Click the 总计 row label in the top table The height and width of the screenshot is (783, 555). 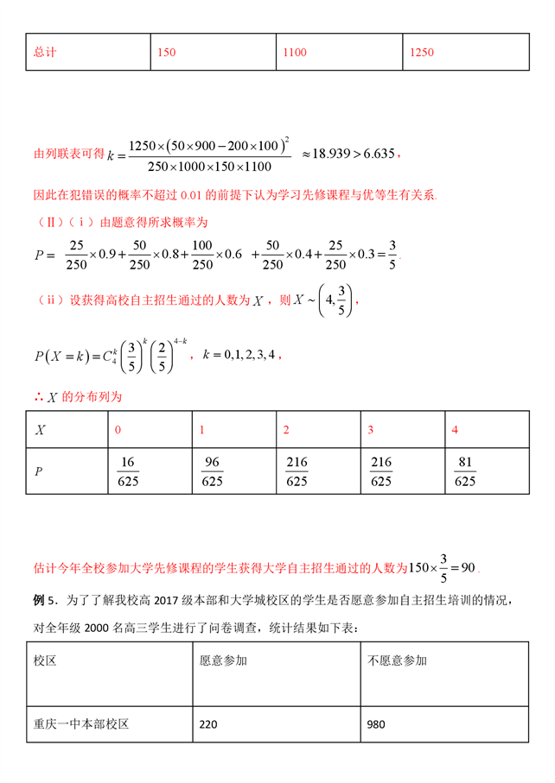click(x=45, y=53)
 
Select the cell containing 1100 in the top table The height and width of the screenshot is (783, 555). click(x=295, y=53)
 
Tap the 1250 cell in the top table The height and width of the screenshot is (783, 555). click(x=422, y=53)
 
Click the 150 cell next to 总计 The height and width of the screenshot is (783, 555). click(x=167, y=53)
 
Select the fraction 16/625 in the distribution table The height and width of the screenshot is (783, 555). click(x=129, y=471)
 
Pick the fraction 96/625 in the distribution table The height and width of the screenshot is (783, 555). click(x=213, y=471)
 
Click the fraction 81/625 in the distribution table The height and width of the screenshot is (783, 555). click(x=464, y=471)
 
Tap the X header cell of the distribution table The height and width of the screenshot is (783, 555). click(x=40, y=430)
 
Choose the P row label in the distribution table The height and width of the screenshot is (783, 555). click(x=39, y=471)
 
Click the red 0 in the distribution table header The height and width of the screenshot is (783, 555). click(x=118, y=430)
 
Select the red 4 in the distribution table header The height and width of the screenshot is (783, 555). click(x=455, y=430)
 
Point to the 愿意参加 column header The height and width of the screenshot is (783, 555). click(x=223, y=661)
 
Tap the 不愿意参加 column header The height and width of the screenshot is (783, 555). click(x=397, y=661)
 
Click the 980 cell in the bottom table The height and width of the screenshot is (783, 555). click(x=376, y=725)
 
